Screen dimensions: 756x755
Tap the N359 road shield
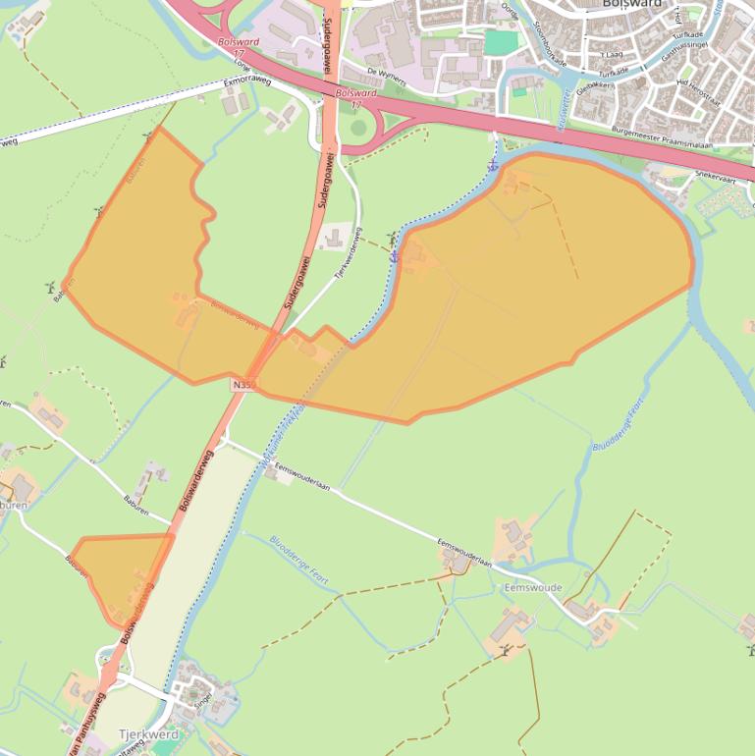[x=244, y=385]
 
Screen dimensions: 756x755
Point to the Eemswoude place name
[x=532, y=587]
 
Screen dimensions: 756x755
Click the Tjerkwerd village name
[x=148, y=734]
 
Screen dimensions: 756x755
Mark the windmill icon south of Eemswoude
[x=505, y=650]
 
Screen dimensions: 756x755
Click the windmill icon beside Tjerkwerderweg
[x=392, y=239]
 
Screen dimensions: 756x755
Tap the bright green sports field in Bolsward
[x=500, y=43]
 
